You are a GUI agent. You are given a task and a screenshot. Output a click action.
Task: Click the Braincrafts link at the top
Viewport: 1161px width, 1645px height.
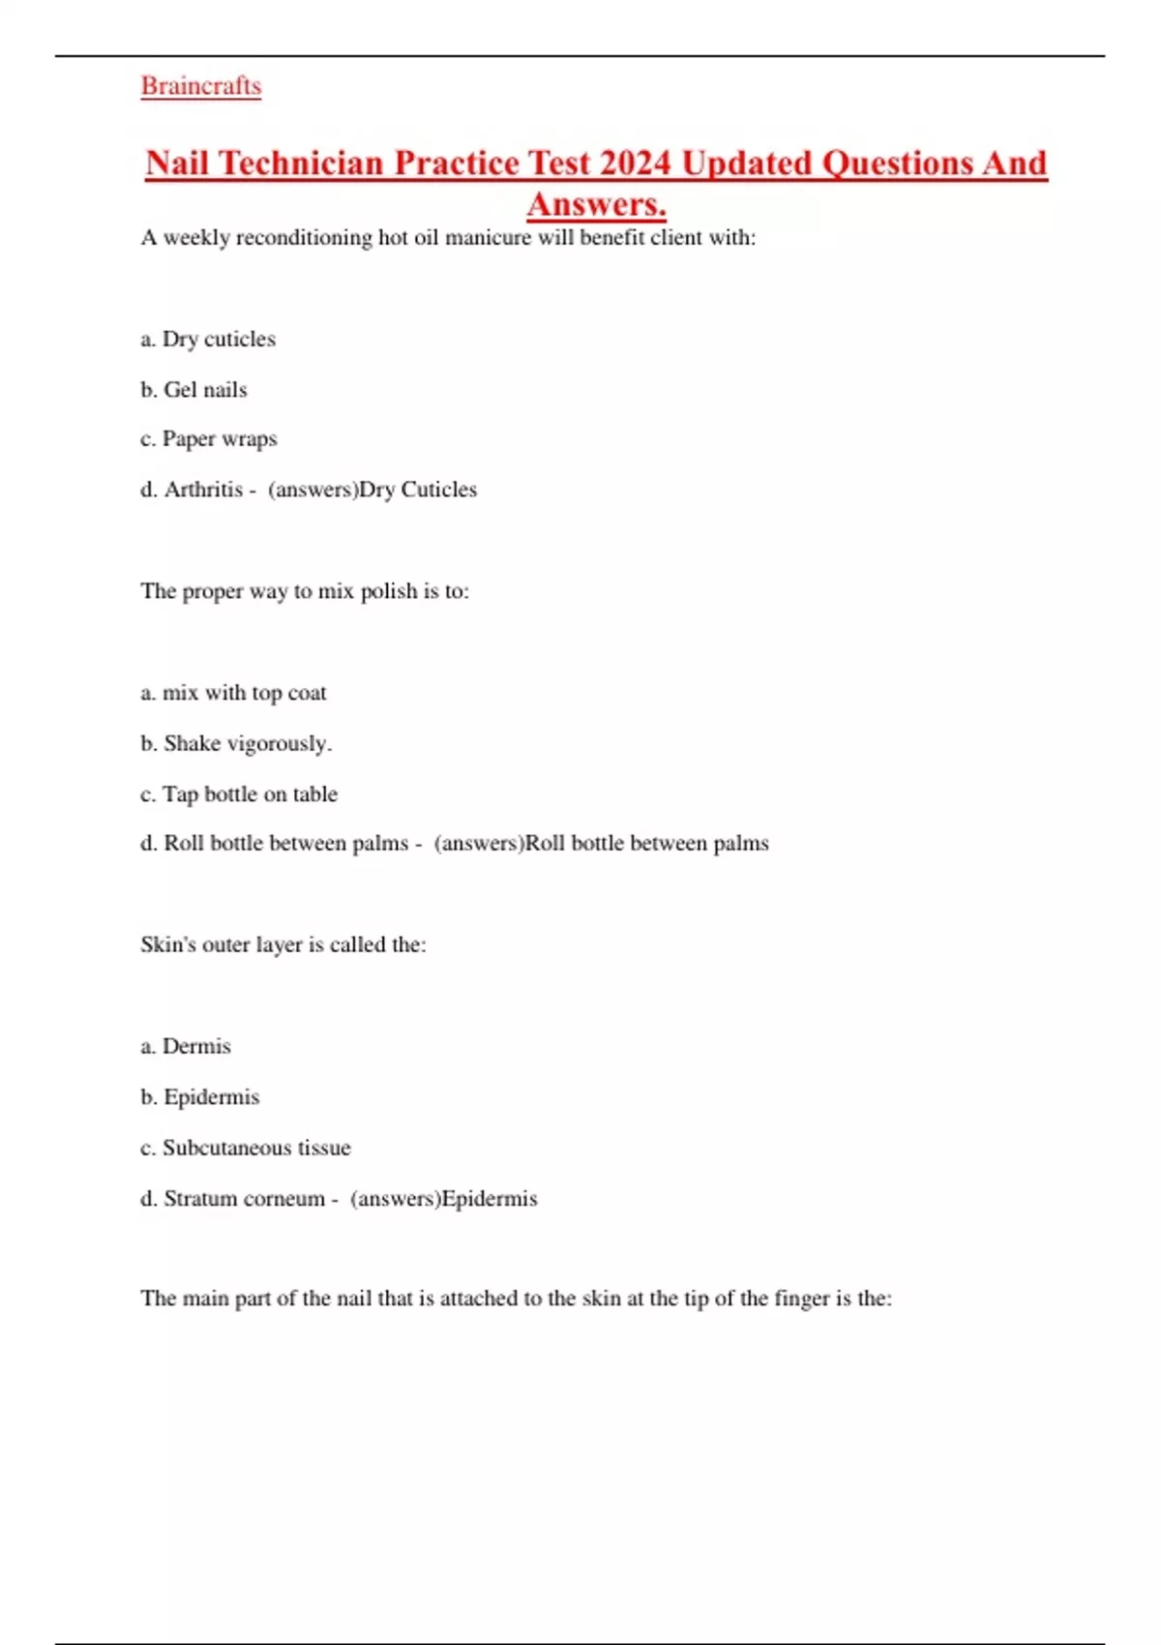[201, 86]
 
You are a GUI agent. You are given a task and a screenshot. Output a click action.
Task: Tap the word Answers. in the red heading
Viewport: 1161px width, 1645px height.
[596, 204]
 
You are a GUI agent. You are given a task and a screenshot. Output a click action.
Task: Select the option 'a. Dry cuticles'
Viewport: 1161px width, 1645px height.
[208, 340]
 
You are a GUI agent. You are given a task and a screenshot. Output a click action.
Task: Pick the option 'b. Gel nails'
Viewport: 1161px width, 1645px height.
[193, 390]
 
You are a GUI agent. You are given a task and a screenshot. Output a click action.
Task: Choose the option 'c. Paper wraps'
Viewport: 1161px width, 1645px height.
[209, 439]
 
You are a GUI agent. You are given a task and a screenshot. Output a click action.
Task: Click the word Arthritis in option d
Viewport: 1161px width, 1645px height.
[203, 490]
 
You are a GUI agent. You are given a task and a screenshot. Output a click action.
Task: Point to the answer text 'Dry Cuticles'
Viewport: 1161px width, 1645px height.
[418, 490]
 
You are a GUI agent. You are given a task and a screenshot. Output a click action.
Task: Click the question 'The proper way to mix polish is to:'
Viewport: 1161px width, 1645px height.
[305, 591]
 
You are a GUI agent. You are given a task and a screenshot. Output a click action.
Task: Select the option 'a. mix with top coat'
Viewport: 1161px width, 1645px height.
[233, 693]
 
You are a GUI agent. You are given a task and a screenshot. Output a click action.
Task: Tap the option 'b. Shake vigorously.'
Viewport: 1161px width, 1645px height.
[236, 743]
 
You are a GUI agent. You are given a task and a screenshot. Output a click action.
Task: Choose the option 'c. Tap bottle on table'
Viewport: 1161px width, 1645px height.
[239, 794]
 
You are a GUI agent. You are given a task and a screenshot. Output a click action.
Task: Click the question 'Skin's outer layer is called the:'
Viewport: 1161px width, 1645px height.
[283, 944]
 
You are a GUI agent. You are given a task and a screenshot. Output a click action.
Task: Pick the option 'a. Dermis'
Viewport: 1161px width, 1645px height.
[186, 1046]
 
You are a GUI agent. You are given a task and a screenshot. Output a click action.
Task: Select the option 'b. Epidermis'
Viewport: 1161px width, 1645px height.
[200, 1097]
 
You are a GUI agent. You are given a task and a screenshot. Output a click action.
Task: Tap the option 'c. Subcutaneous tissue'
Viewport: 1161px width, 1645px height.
[246, 1148]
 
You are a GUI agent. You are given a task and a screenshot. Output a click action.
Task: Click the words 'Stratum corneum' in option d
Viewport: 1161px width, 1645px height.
[244, 1199]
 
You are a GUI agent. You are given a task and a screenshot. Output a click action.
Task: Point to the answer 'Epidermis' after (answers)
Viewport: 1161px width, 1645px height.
[489, 1199]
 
